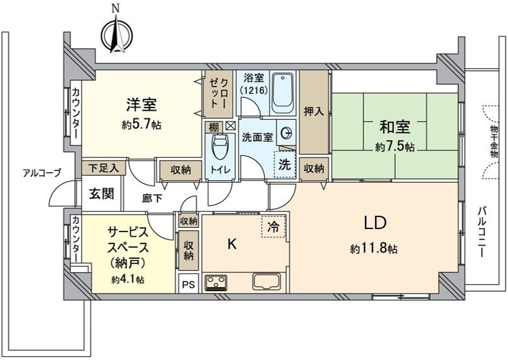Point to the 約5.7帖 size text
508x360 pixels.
[141, 125]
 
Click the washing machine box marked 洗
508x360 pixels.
[284, 166]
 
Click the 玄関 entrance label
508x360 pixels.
[101, 194]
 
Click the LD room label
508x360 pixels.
[375, 223]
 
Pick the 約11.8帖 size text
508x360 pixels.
[374, 249]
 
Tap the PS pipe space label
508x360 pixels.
[189, 285]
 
